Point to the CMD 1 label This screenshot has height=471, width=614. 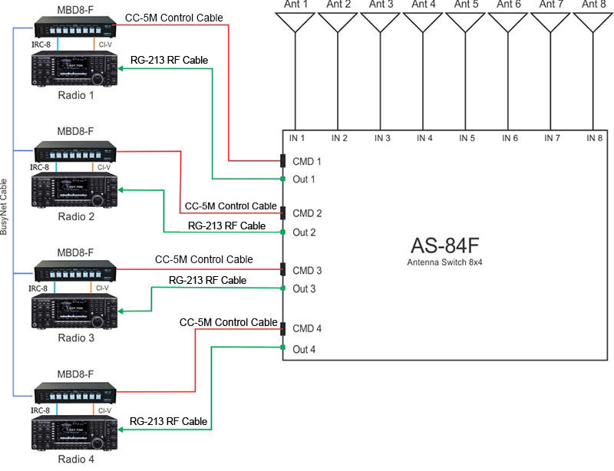click(307, 162)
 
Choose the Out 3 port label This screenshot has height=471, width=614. click(304, 288)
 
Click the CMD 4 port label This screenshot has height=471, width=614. click(307, 328)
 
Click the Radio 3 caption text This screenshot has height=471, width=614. click(75, 338)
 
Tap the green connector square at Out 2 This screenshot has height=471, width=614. click(283, 232)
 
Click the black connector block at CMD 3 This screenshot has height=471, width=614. click(283, 270)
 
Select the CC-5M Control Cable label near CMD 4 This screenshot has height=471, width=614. click(228, 322)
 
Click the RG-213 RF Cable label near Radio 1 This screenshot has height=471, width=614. click(169, 59)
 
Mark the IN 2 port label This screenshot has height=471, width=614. click(340, 138)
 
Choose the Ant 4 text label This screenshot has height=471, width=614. click(423, 5)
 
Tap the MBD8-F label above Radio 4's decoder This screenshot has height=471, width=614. click(75, 374)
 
